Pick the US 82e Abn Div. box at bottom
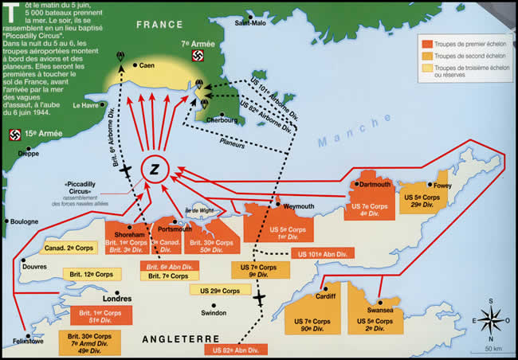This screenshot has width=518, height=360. pos(237,349)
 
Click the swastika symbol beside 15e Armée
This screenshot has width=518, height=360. pos(14,134)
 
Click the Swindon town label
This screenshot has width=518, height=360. pos(214,313)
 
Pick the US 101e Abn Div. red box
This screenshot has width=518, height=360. pos(324,254)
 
